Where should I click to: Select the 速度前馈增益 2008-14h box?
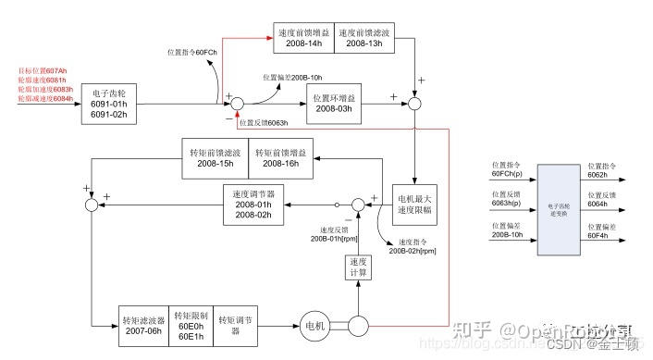[x=302, y=36]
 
